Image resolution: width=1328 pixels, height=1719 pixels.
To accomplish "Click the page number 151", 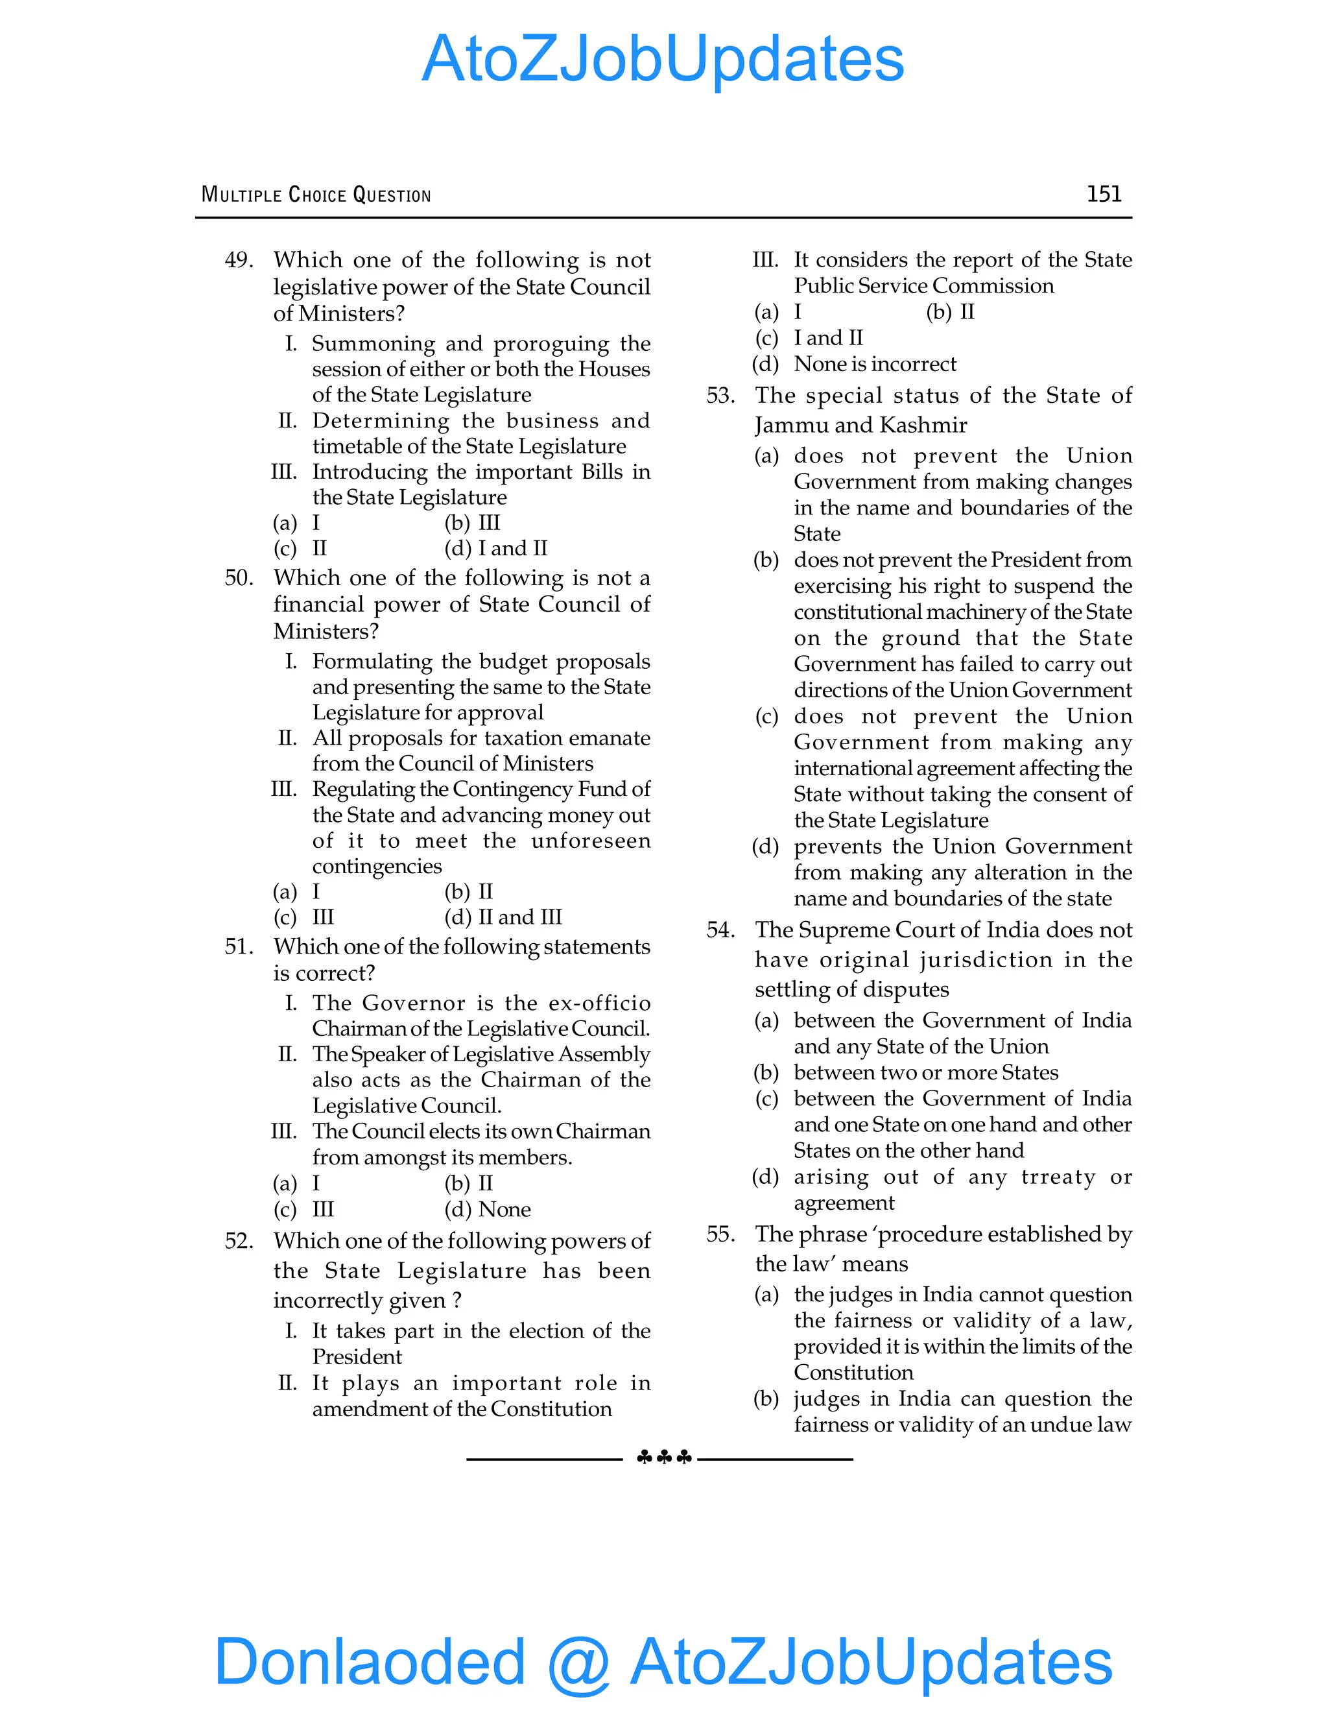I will point(1103,195).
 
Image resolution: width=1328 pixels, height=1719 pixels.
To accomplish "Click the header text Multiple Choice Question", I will point(316,195).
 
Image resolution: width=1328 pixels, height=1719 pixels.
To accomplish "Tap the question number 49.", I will point(239,261).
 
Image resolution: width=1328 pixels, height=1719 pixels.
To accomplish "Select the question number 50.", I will point(239,579).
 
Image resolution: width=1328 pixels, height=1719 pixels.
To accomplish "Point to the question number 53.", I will point(720,396).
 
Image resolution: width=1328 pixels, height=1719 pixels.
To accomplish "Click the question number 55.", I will point(720,1234).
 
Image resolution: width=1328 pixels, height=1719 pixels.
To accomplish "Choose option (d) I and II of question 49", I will point(497,549).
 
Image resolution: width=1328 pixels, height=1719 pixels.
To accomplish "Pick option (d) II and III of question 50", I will point(503,918).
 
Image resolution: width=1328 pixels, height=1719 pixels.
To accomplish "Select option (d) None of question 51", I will point(488,1210).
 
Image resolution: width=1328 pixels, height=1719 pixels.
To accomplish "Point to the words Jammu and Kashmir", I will point(860,426).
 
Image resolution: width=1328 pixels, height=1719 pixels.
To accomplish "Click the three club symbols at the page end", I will point(664,1458).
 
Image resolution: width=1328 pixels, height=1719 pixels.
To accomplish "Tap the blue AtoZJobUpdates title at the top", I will point(663,59).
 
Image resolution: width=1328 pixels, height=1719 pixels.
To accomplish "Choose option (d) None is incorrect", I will point(855,365).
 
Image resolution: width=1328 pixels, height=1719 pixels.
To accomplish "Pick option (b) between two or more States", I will point(907,1073).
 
